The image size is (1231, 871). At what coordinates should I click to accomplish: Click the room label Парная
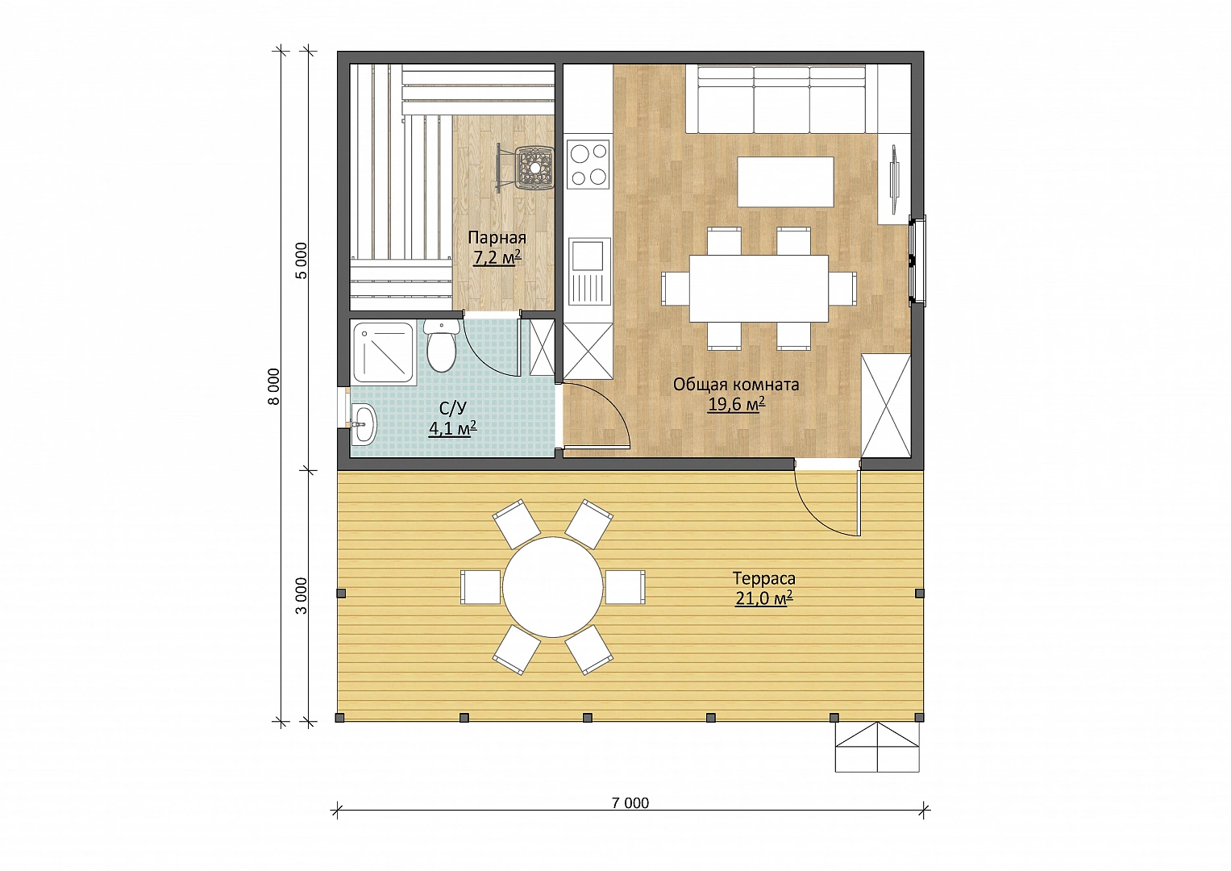497,238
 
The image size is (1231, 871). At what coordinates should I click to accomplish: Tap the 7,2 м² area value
497,257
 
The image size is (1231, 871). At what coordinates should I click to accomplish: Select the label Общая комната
736,385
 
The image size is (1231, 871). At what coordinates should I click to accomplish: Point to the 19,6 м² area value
736,405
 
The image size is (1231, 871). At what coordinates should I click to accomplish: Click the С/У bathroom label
453,408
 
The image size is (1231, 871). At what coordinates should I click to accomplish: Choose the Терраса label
764,578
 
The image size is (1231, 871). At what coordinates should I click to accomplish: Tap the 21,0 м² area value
764,598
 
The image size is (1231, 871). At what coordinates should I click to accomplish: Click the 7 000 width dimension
630,803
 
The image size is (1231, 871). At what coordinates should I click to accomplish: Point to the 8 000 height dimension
273,386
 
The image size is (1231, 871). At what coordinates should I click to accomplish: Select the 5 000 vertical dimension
302,260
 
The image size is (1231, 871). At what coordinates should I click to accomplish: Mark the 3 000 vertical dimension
302,596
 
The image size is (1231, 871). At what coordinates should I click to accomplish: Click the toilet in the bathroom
441,347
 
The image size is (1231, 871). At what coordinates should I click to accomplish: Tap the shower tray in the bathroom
383,352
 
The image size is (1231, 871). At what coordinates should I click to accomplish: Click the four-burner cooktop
588,163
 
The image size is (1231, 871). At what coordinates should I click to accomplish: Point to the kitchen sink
588,271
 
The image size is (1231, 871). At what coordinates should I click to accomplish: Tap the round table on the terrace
552,587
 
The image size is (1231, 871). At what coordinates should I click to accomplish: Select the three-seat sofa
781,99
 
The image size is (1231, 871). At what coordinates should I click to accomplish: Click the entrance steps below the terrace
877,747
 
